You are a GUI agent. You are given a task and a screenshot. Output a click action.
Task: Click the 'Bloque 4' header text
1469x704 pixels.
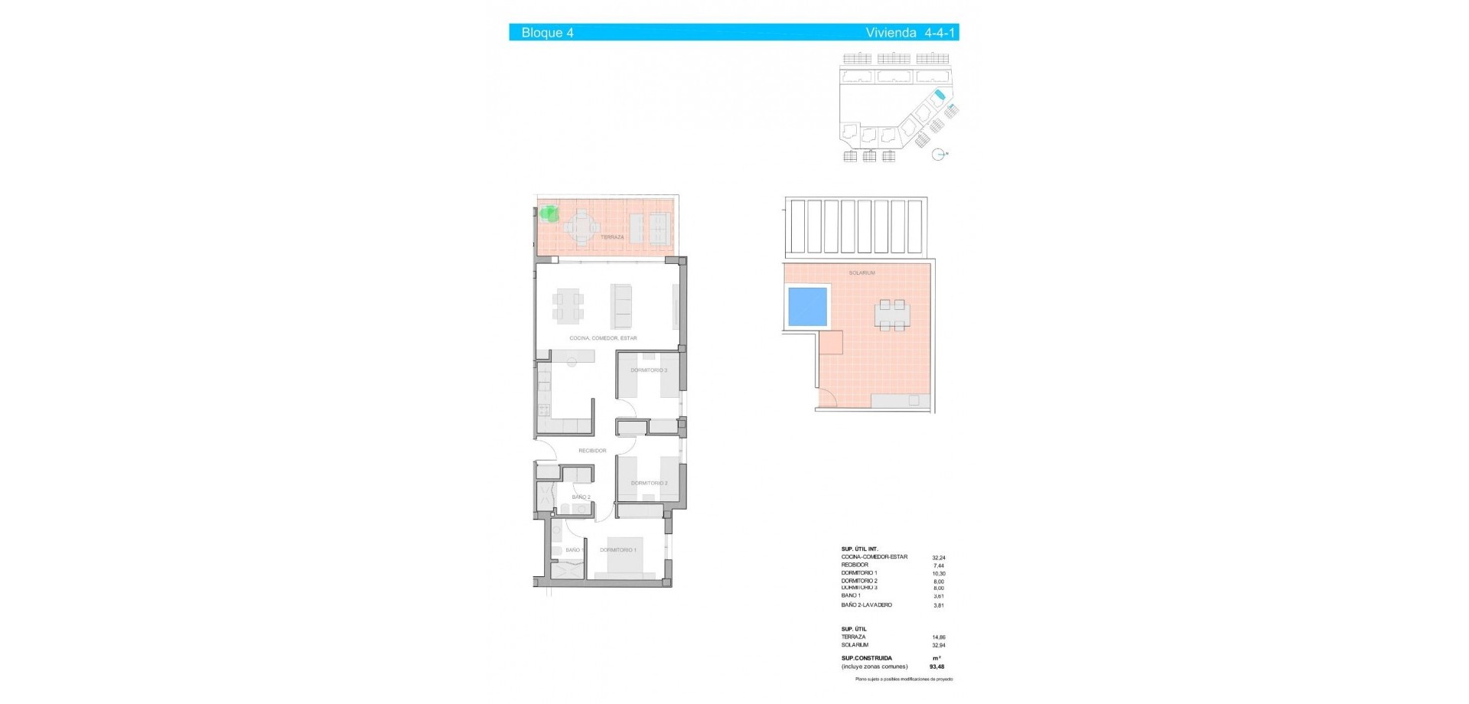click(x=547, y=32)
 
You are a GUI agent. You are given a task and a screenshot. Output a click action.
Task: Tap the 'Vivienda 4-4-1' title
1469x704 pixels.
click(x=910, y=32)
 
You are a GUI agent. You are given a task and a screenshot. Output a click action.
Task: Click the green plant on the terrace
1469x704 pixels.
click(x=548, y=213)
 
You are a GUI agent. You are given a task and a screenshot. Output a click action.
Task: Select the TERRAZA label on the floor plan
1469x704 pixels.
click(x=612, y=237)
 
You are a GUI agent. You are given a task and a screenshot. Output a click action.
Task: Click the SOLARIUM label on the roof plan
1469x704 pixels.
click(x=862, y=272)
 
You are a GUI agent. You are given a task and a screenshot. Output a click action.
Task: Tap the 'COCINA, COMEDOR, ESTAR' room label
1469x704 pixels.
click(x=603, y=338)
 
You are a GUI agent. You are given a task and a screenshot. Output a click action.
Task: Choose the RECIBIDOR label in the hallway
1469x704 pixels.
click(x=592, y=451)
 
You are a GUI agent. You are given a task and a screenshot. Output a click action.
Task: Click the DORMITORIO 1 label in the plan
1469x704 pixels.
click(x=617, y=549)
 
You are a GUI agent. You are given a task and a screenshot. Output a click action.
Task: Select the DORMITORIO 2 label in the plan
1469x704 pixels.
click(x=649, y=483)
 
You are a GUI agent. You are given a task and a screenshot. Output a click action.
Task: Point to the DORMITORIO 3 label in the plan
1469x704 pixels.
click(x=649, y=370)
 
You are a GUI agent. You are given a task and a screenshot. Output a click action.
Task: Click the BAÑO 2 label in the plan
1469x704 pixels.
click(x=581, y=497)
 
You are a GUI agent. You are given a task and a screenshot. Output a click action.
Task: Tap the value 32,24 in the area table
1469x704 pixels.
click(x=939, y=558)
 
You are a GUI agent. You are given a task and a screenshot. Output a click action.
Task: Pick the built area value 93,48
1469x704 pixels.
click(x=936, y=667)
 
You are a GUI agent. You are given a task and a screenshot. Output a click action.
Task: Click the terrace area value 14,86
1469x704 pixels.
click(x=938, y=637)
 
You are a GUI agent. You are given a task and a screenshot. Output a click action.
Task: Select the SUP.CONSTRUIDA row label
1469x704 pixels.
click(x=866, y=658)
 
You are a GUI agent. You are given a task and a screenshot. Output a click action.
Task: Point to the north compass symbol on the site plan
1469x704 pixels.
click(x=940, y=155)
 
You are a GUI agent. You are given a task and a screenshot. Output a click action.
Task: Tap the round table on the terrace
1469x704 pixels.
click(x=583, y=226)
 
